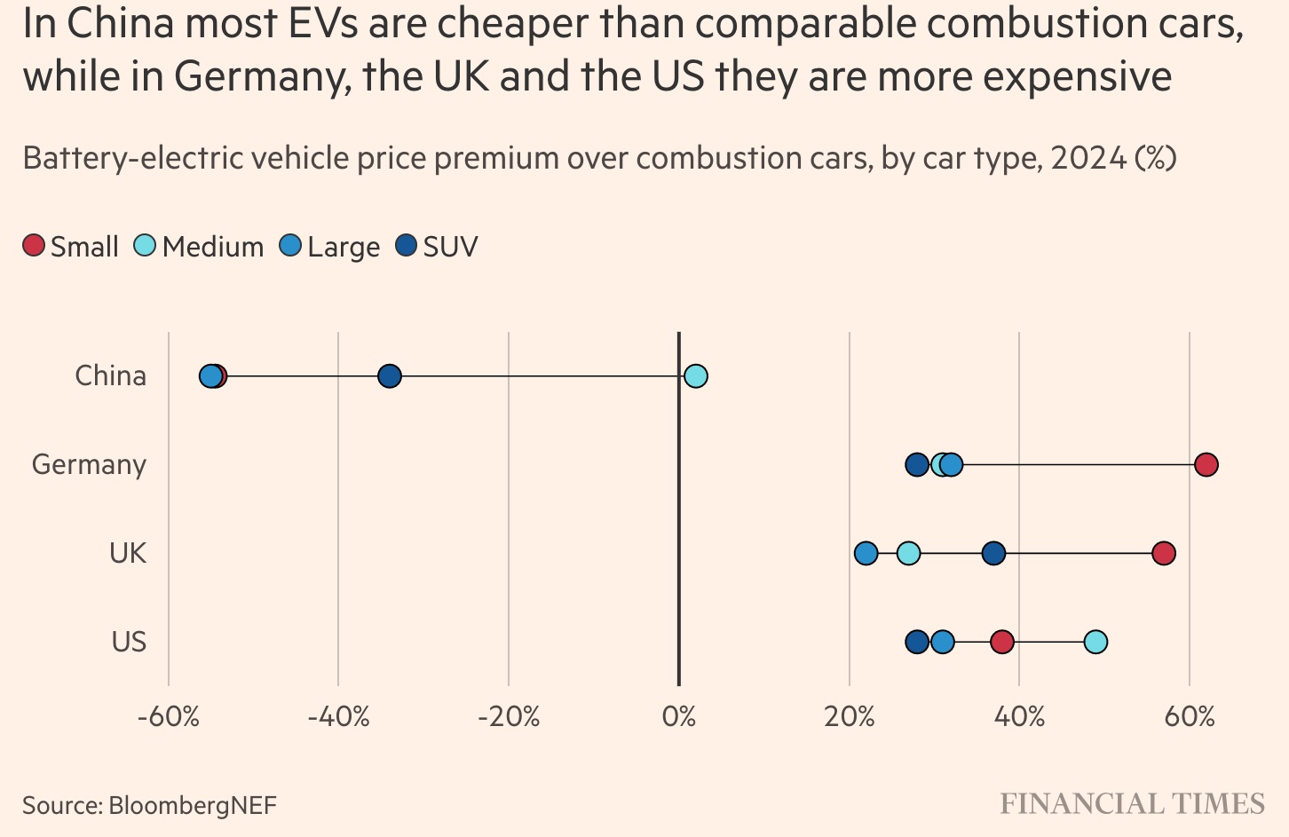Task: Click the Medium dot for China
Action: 696,376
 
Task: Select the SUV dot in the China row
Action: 390,376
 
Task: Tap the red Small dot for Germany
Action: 1206,464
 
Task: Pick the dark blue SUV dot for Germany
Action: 917,464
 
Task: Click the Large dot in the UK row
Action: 866,554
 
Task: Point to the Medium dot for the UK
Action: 908,554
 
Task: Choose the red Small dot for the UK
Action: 1164,554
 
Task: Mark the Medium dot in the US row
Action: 1095,642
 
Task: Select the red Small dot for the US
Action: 1001,642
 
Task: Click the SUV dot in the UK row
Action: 993,554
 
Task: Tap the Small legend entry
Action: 71,247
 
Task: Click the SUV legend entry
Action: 437,247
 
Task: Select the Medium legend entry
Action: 199,247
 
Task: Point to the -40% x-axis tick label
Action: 338,716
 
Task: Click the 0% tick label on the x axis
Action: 679,716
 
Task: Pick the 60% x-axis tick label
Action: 1190,716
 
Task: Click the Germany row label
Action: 89,465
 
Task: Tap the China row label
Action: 110,376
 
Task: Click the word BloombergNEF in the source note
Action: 193,806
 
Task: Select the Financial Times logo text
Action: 1132,804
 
